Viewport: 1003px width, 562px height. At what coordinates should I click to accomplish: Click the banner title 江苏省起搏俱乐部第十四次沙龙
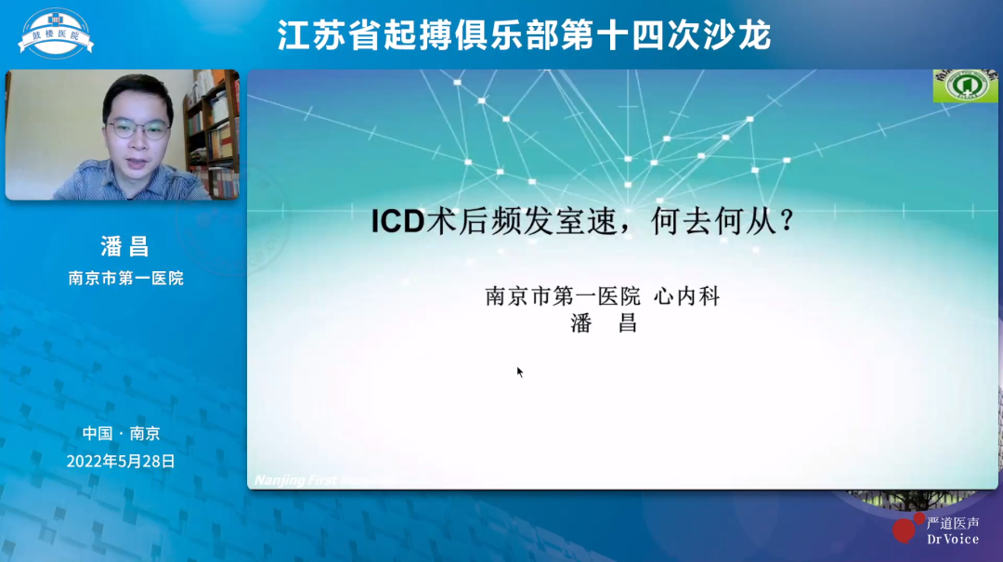(x=524, y=35)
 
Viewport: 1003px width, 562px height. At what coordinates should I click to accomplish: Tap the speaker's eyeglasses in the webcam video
(x=138, y=128)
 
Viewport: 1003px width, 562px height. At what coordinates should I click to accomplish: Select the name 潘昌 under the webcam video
(x=124, y=246)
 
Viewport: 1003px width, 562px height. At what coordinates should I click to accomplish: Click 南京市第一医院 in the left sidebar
(x=125, y=278)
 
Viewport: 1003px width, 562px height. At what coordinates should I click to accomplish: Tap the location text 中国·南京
(x=121, y=433)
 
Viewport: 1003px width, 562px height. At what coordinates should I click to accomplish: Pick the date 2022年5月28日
(x=121, y=461)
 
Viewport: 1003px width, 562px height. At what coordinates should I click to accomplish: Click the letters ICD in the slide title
(x=397, y=223)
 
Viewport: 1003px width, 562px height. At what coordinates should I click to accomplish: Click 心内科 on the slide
(x=687, y=297)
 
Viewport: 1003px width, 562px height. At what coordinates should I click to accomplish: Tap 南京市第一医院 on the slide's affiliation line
(x=563, y=297)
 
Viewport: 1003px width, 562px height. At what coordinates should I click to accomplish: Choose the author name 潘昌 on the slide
(x=603, y=324)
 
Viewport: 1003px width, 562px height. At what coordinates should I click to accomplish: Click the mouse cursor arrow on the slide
(x=520, y=372)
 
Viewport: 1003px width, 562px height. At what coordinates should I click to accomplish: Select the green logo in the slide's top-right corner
(x=965, y=85)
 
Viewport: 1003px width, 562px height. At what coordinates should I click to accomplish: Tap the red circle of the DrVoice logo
(x=904, y=529)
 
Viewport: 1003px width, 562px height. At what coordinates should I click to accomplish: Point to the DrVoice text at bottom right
(x=952, y=539)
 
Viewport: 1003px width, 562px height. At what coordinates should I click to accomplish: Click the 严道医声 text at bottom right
(x=952, y=523)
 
